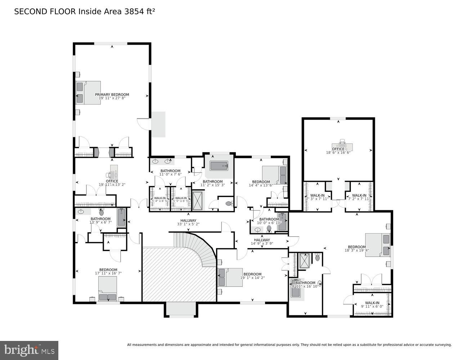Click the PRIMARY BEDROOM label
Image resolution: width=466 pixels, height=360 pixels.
click(112, 95)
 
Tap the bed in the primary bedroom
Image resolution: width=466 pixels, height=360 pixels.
click(88, 93)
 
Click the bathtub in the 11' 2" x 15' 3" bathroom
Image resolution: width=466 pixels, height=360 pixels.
click(219, 166)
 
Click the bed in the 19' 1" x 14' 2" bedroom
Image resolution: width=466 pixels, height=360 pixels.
click(230, 277)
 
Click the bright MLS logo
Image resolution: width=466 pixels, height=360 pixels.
click(30, 350)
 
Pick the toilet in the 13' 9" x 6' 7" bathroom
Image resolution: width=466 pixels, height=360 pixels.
click(102, 212)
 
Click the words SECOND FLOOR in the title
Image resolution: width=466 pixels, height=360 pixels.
click(45, 12)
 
